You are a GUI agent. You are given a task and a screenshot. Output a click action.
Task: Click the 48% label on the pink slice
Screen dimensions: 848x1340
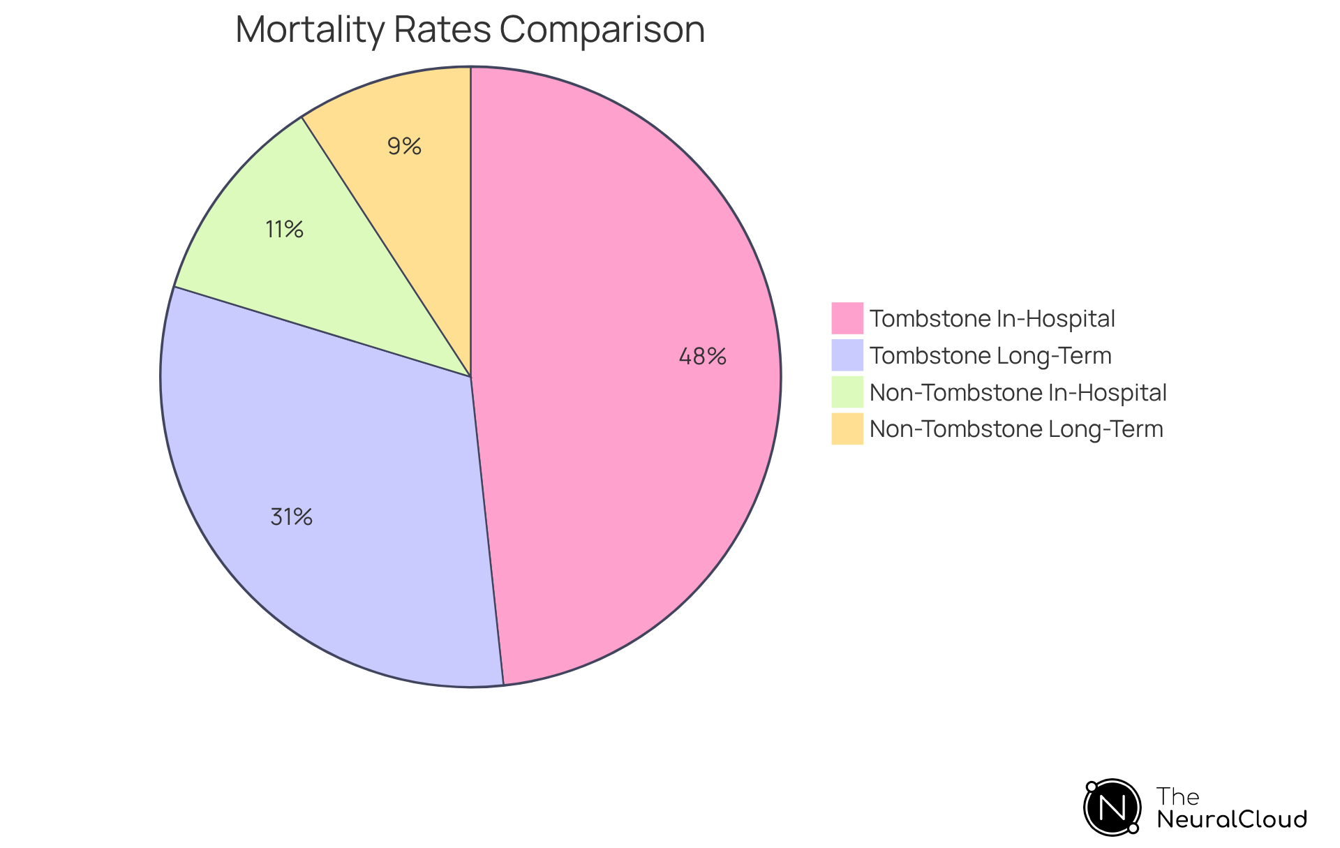click(702, 357)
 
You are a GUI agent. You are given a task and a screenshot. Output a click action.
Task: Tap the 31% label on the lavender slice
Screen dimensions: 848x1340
click(291, 517)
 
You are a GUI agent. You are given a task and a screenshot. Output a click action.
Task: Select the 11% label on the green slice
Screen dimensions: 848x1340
click(284, 229)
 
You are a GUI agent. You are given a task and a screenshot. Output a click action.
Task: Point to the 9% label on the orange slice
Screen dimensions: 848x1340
click(404, 147)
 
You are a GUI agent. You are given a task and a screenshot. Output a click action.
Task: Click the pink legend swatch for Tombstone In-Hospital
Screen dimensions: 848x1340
click(847, 318)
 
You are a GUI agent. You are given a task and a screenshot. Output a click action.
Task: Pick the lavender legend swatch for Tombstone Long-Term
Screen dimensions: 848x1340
click(847, 355)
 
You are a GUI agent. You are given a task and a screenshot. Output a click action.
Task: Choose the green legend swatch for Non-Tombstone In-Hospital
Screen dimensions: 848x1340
click(847, 392)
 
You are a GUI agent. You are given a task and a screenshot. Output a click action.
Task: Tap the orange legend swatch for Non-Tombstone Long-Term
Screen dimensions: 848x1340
click(847, 429)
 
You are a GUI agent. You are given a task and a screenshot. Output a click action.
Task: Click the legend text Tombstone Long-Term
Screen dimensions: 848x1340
click(990, 356)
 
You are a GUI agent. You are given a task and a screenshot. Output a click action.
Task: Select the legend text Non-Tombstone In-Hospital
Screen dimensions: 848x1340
click(1018, 393)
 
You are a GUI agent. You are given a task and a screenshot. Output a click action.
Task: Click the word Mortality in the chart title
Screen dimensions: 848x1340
click(309, 30)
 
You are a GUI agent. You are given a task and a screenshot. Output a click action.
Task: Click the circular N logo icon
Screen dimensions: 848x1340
click(1112, 808)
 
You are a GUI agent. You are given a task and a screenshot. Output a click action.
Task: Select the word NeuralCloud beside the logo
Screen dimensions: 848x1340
click(1231, 819)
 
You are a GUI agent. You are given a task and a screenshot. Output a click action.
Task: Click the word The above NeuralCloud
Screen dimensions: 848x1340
click(1177, 796)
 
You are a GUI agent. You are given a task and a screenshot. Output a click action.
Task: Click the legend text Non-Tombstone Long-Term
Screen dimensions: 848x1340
click(1016, 429)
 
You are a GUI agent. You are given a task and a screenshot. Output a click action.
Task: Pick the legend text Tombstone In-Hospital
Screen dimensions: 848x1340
click(992, 319)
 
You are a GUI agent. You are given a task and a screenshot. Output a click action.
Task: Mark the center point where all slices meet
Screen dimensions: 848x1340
click(470, 377)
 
